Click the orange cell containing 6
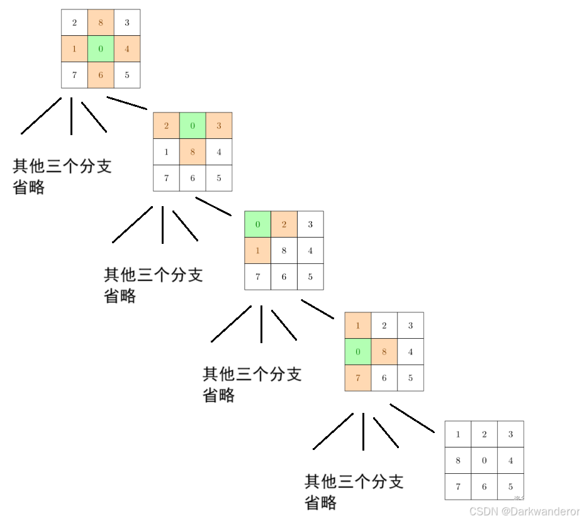tap(101, 75)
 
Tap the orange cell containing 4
tap(127, 49)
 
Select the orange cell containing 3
tap(219, 126)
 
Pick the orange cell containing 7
tap(358, 378)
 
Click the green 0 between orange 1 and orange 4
tap(101, 49)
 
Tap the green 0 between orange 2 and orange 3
tap(193, 126)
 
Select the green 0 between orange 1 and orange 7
tap(358, 351)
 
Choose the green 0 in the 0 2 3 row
tap(258, 224)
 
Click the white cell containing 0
tap(484, 460)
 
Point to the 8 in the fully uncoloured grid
tap(458, 460)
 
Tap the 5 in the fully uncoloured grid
tap(510, 486)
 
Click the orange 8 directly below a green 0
tap(193, 151)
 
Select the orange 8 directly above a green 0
tap(101, 23)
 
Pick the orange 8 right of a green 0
tap(384, 351)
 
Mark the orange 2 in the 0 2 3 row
tap(284, 224)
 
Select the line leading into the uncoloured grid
tap(412, 418)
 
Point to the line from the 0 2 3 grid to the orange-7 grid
tap(318, 309)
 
